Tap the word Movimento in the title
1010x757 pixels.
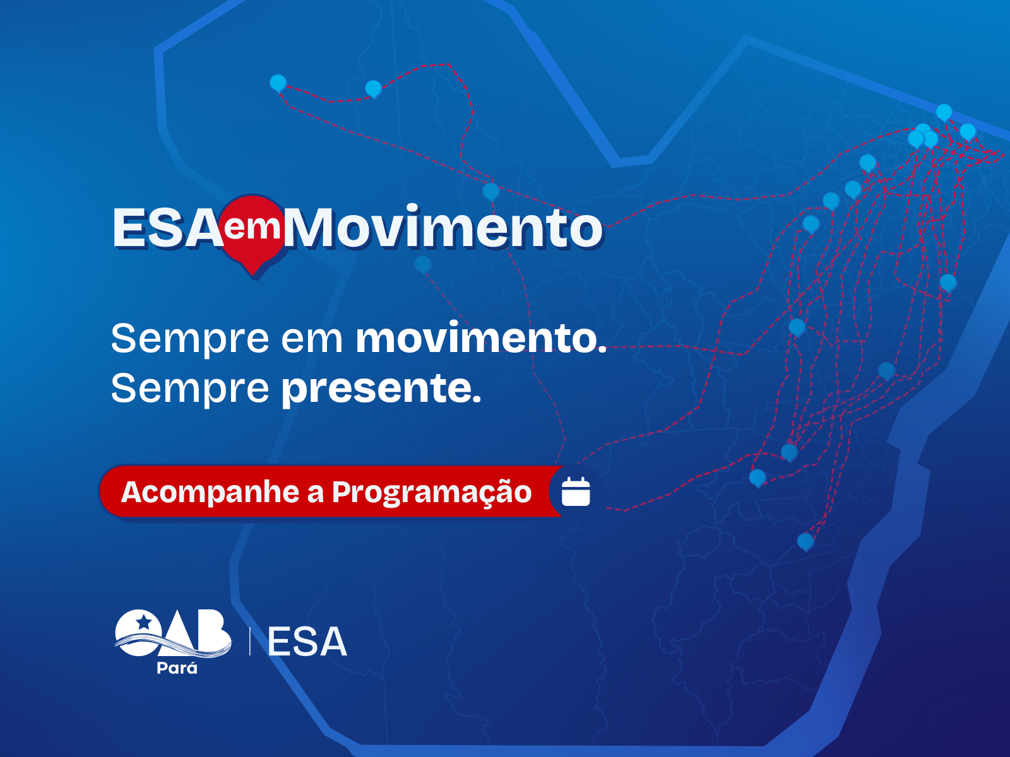coord(443,228)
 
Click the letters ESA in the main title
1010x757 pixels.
coord(167,228)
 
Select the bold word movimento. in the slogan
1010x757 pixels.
coord(481,339)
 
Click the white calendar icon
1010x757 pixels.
coord(576,491)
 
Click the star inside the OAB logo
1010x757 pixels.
coord(143,622)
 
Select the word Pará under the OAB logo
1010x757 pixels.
coord(177,668)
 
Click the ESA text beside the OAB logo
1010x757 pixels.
coord(307,642)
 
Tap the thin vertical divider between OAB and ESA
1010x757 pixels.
coord(250,641)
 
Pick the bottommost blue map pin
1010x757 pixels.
coord(805,542)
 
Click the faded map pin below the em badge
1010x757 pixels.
coord(422,264)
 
